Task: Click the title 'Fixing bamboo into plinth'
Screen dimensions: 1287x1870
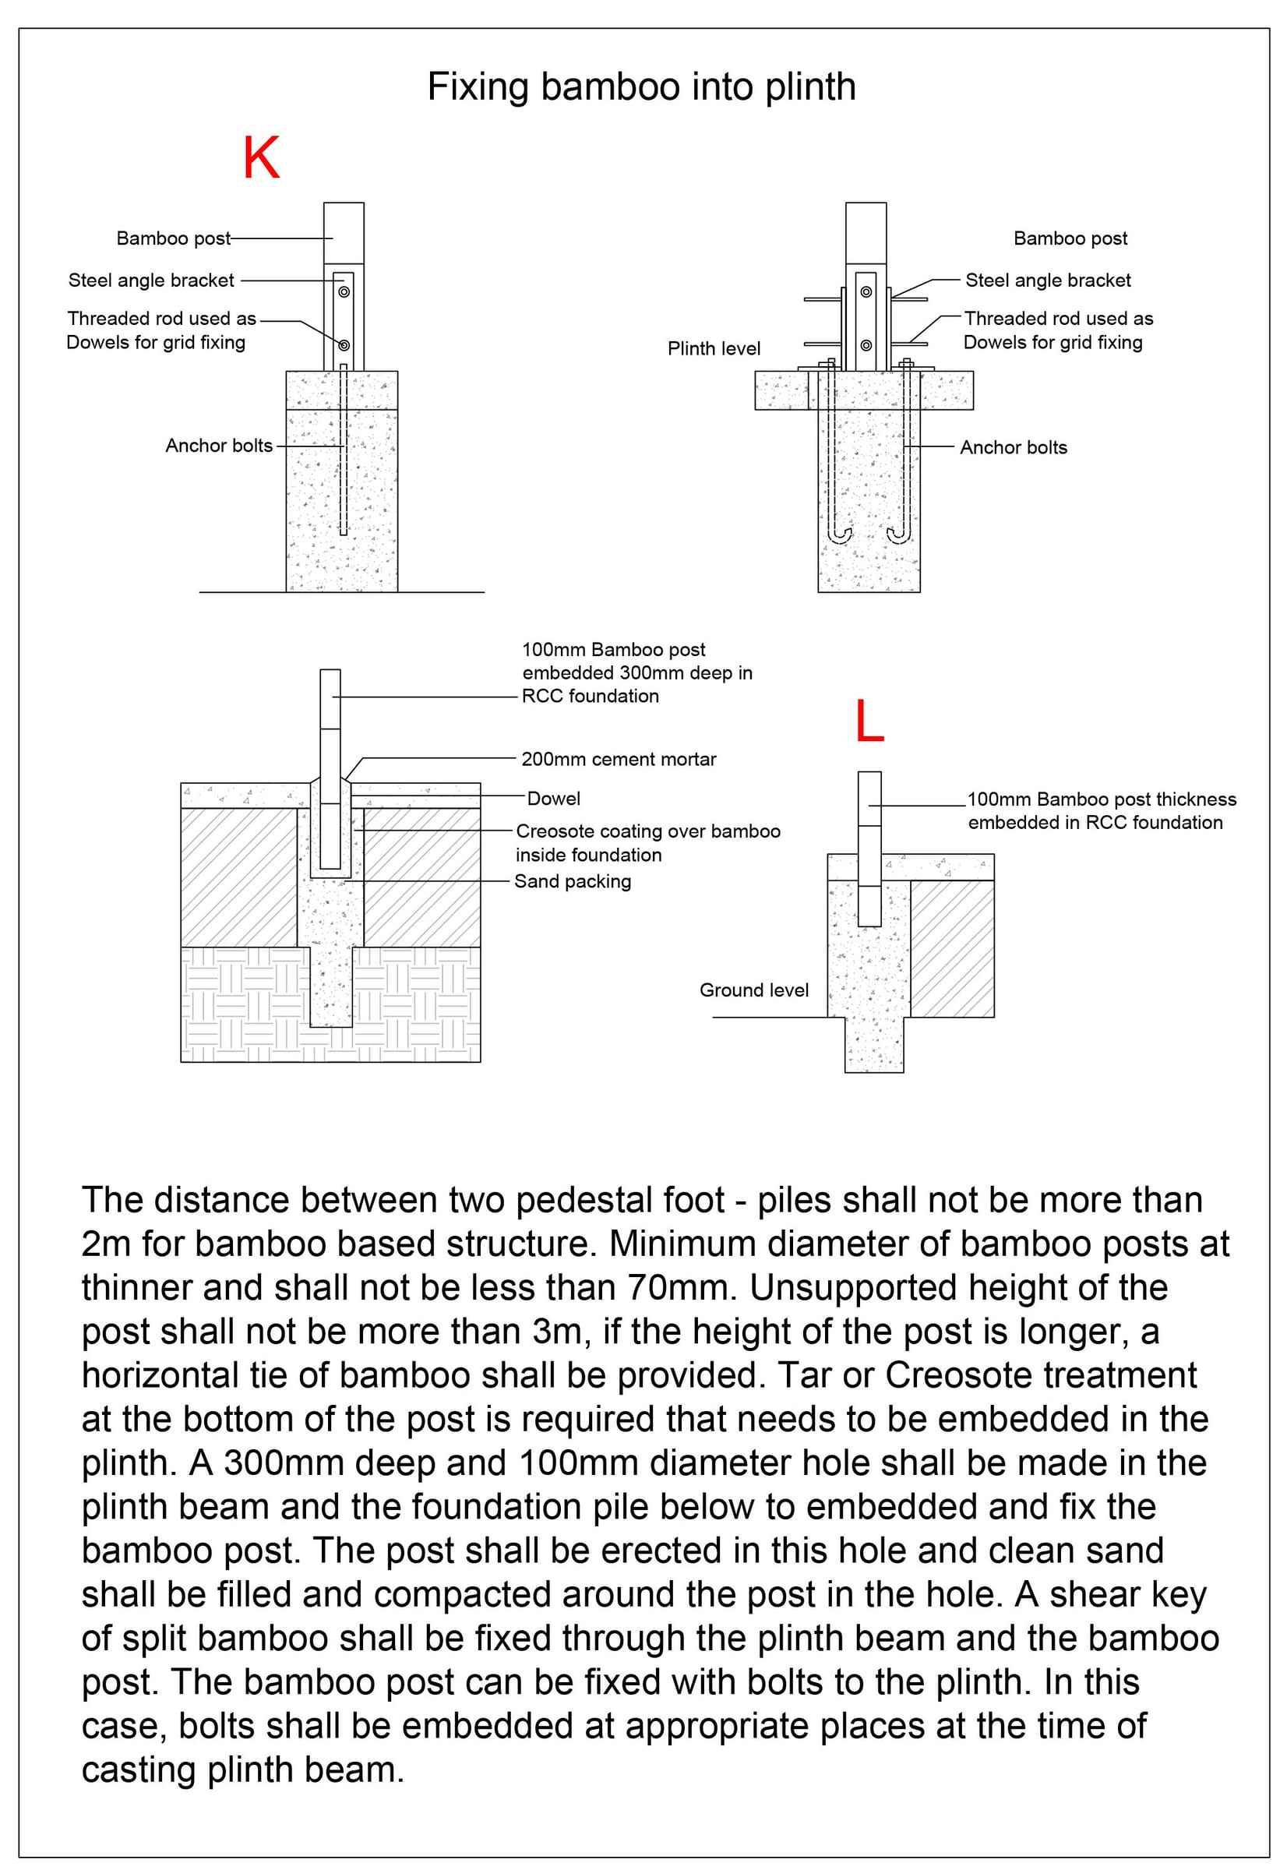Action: click(x=641, y=87)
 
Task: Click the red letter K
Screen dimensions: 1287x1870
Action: click(x=261, y=158)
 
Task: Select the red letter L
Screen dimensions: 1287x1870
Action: click(x=869, y=721)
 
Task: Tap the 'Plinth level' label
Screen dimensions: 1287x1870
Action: click(x=714, y=348)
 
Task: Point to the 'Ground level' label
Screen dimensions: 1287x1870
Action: click(x=754, y=990)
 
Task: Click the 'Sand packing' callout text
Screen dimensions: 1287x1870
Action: click(x=573, y=881)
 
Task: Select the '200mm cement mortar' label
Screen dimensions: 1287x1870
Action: click(x=619, y=759)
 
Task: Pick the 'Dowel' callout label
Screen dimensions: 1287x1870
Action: click(x=553, y=799)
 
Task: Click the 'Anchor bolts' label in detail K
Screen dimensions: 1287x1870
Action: click(x=220, y=445)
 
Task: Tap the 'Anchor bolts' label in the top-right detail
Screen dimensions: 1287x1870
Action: click(x=1014, y=447)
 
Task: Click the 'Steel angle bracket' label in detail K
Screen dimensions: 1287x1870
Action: click(x=152, y=280)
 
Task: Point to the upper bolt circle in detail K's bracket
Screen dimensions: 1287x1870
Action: click(x=344, y=292)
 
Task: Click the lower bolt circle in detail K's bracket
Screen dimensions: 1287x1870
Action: click(x=344, y=346)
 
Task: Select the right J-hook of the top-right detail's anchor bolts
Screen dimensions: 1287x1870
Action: click(x=897, y=536)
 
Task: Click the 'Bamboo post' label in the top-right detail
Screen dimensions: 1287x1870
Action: click(x=1070, y=238)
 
